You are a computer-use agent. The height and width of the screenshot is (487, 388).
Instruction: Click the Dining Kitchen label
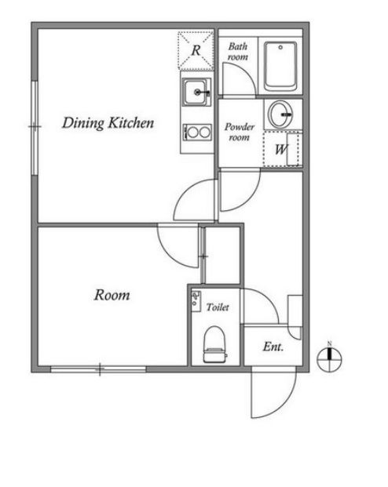[108, 123]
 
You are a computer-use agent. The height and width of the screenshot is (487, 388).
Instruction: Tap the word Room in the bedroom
[112, 295]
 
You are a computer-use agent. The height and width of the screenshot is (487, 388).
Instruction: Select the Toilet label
[218, 307]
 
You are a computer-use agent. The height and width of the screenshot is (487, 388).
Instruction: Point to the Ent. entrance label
[273, 347]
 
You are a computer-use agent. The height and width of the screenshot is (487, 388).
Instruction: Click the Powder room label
[240, 132]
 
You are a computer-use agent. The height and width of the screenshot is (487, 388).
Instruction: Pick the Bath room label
[238, 52]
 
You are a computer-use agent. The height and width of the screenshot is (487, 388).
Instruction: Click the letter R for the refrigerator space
[196, 50]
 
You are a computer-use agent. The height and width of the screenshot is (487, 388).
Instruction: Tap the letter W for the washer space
[281, 150]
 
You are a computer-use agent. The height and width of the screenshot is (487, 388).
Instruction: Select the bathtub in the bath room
[280, 66]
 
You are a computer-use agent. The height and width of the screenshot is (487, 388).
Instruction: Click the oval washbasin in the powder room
[280, 114]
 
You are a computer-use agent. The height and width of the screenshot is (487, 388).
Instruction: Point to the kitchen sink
[196, 93]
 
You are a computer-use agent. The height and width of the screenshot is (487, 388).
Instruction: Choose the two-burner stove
[197, 133]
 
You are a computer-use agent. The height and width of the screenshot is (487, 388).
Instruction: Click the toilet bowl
[214, 343]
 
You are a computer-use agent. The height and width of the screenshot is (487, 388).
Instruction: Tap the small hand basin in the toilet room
[196, 302]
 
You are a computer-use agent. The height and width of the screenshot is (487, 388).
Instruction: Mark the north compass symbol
[329, 358]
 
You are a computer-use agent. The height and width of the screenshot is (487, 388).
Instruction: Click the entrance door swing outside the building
[273, 394]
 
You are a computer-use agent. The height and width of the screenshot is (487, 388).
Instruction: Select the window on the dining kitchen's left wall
[35, 127]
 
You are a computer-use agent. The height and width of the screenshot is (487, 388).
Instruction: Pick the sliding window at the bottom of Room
[98, 369]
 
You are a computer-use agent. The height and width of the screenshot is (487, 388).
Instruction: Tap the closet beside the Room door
[221, 256]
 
